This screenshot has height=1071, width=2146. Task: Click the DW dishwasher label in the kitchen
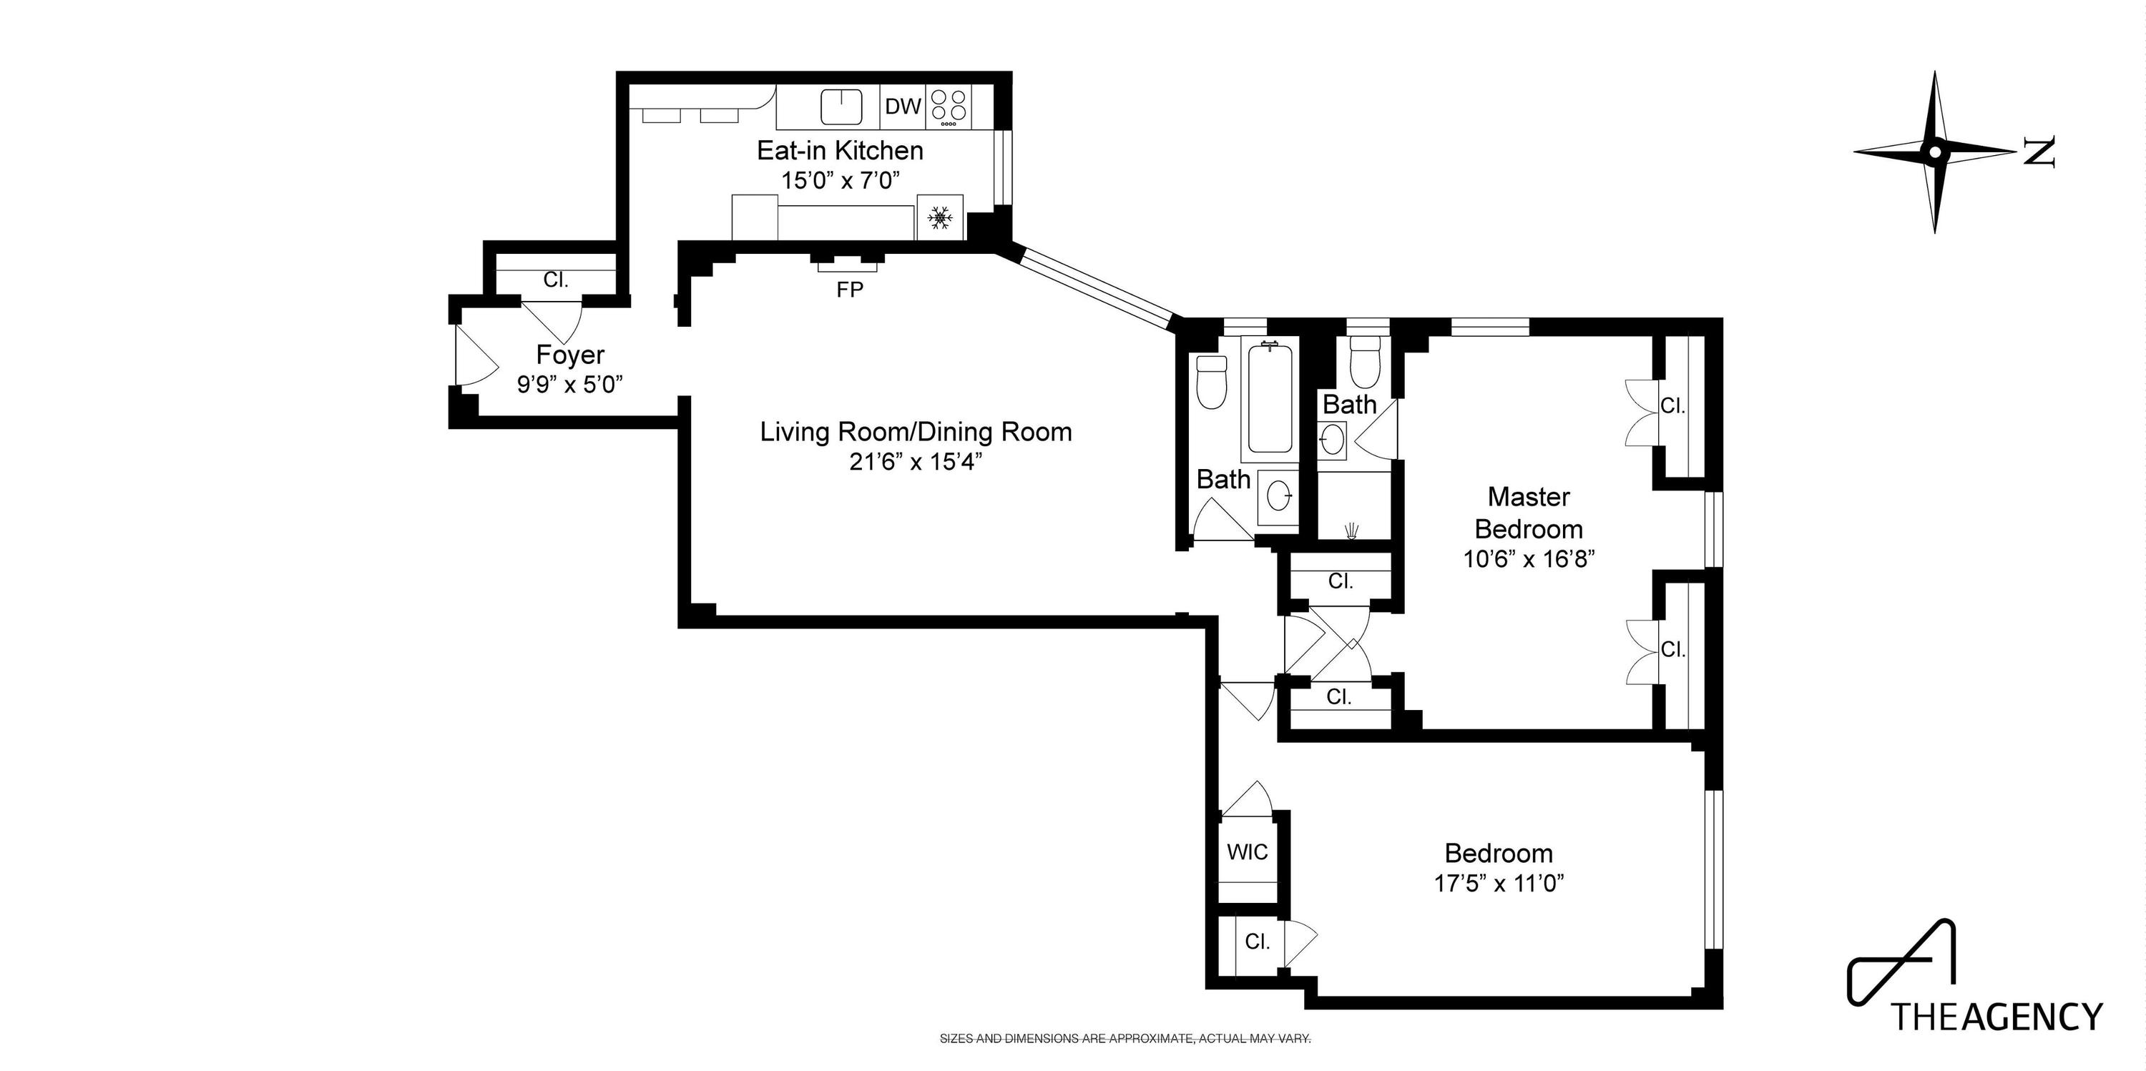(x=903, y=107)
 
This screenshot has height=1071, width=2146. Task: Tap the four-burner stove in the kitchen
(x=949, y=107)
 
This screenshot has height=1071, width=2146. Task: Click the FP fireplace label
(x=850, y=290)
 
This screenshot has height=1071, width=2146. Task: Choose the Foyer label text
(x=570, y=355)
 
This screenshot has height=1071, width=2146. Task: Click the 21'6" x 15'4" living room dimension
(x=916, y=461)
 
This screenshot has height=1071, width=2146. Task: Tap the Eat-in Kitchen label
(x=840, y=151)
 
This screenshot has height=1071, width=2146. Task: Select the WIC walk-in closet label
(x=1247, y=852)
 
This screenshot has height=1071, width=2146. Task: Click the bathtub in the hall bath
(x=1270, y=400)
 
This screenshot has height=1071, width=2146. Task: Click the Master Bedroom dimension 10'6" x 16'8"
(x=1529, y=559)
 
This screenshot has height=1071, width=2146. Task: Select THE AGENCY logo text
(x=1996, y=1017)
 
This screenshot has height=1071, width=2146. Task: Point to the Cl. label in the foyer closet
(x=556, y=280)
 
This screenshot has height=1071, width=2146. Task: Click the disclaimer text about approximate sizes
(x=1125, y=1039)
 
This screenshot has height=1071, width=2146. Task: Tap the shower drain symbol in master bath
(x=1352, y=529)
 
